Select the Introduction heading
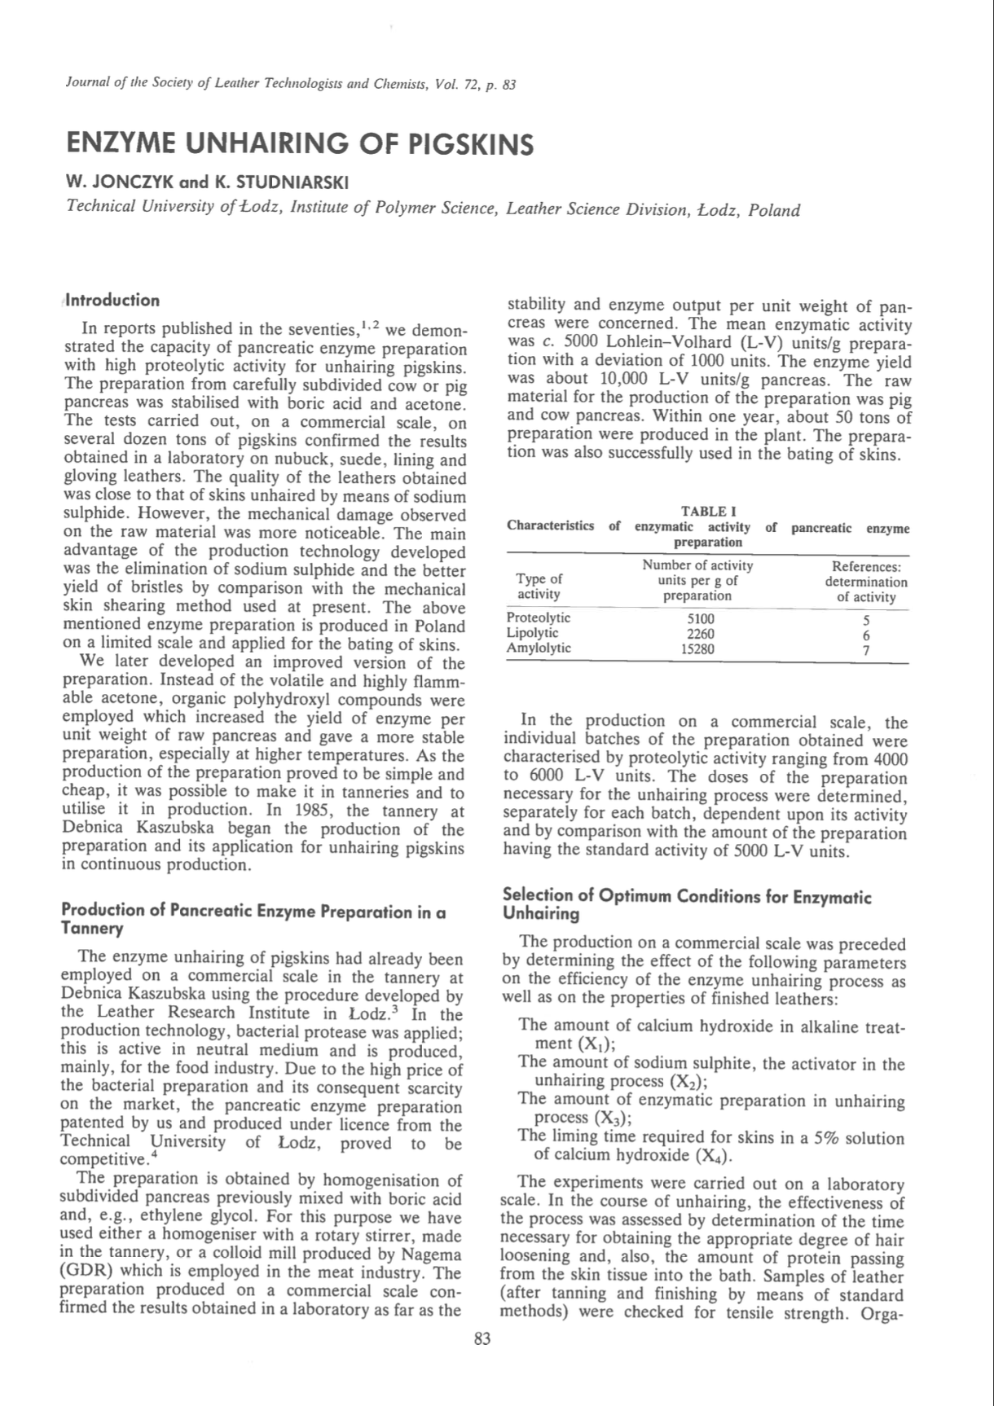(113, 300)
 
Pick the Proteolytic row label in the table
(539, 617)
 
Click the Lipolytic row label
(533, 633)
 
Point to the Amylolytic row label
(539, 648)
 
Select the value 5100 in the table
(697, 618)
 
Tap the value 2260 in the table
(697, 634)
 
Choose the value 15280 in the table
(697, 649)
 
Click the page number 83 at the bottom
(482, 1338)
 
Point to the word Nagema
(426, 1255)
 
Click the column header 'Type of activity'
(539, 587)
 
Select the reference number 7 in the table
(866, 649)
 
